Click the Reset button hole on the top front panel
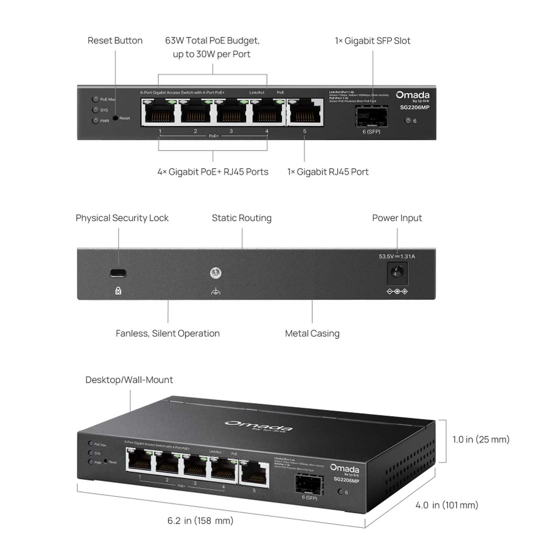pyautogui.click(x=115, y=118)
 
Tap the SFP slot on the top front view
pyautogui.click(x=371, y=116)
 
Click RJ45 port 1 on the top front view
pyautogui.click(x=159, y=112)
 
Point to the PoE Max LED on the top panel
pyautogui.click(x=95, y=99)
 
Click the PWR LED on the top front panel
pyautogui.click(x=95, y=121)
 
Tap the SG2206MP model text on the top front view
pyautogui.click(x=414, y=107)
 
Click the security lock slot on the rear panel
pyautogui.click(x=118, y=273)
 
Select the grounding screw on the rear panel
pyautogui.click(x=216, y=273)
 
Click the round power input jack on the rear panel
pyautogui.click(x=397, y=272)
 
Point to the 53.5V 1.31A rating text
pyautogui.click(x=397, y=257)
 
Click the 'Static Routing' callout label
pyautogui.click(x=241, y=218)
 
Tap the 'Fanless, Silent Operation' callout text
pyautogui.click(x=168, y=333)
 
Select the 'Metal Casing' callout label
pyautogui.click(x=312, y=333)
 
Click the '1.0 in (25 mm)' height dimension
pyautogui.click(x=481, y=439)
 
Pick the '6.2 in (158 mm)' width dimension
pyautogui.click(x=200, y=521)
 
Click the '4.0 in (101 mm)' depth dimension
pyautogui.click(x=446, y=505)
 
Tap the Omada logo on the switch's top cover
pyautogui.click(x=258, y=426)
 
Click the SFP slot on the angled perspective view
pyautogui.click(x=309, y=484)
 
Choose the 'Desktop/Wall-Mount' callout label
pyautogui.click(x=129, y=380)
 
